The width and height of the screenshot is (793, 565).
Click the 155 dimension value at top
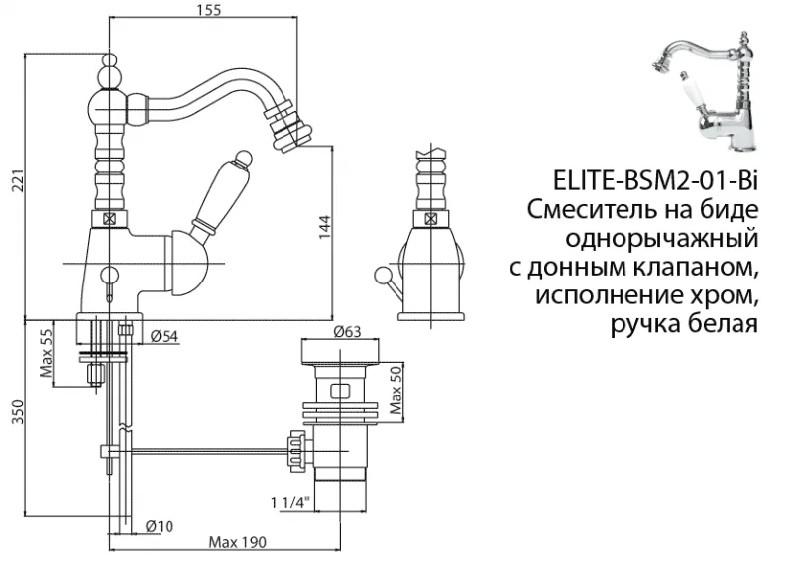pyautogui.click(x=207, y=11)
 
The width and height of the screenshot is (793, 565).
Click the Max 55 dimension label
pyautogui.click(x=46, y=348)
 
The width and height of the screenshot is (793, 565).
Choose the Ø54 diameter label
pyautogui.click(x=165, y=336)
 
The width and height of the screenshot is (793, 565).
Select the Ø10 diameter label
pyautogui.click(x=162, y=525)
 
